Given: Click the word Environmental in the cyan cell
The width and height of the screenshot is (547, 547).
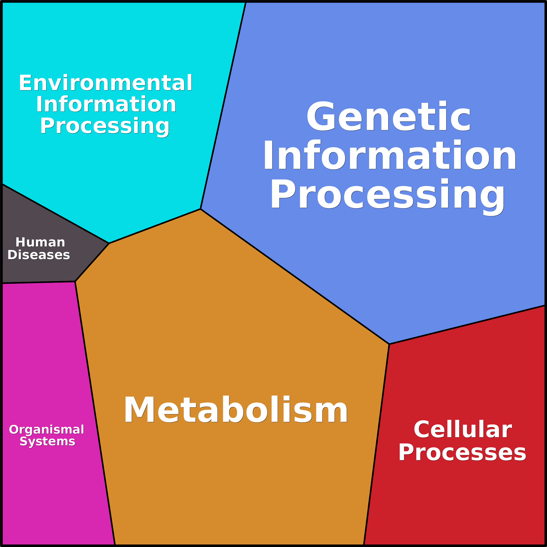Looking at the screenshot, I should coord(106,83).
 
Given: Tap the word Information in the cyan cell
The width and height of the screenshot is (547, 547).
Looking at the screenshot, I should coord(106,105).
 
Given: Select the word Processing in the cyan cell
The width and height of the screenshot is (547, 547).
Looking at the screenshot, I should coord(105,126).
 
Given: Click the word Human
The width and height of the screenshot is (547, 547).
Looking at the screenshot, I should coord(40,242).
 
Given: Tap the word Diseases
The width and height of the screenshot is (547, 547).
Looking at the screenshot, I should coord(39,255).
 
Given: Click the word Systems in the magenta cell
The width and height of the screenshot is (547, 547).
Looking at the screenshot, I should coord(47,441).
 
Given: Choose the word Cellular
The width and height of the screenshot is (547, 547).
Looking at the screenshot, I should coord(463,429).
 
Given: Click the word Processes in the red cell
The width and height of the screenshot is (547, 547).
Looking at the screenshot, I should coord(462,452).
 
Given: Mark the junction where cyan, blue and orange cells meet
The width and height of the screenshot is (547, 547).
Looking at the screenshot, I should coord(201,209).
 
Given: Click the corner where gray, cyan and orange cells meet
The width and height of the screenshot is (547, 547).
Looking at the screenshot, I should coord(109,243).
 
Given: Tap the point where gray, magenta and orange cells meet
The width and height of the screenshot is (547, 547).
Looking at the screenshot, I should coord(75,281).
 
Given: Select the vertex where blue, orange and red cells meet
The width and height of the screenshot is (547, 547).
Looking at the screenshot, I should coord(389,344).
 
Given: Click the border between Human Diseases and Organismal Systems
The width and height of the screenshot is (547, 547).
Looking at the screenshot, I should coord(38,282).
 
